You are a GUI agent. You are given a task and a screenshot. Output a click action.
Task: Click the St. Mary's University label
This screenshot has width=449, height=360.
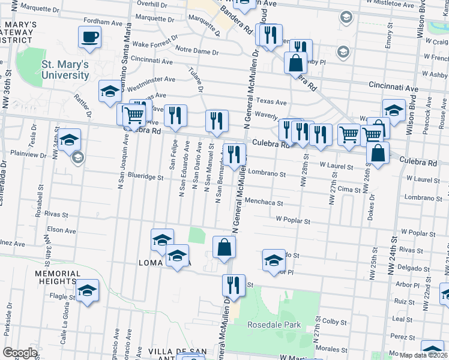65,70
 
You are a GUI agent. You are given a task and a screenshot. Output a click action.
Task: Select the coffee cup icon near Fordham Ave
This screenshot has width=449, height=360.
90,37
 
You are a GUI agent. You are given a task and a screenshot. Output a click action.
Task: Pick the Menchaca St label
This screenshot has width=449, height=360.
264,202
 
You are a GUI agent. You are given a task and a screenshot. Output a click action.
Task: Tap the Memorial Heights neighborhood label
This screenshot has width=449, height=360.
58,277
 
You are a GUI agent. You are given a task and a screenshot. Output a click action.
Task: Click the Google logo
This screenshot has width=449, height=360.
20,353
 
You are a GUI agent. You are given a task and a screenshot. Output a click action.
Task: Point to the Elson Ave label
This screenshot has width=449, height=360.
61,230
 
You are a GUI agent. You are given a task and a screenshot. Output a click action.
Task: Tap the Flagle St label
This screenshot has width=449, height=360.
63,296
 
